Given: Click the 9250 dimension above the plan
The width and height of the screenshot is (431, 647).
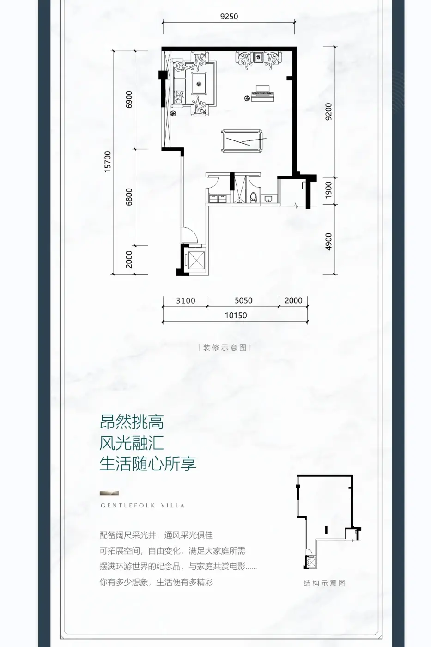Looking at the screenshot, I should (x=229, y=17).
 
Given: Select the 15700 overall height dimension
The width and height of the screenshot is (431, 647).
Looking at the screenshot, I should (x=108, y=161).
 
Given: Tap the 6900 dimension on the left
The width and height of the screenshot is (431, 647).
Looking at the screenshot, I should (x=129, y=99).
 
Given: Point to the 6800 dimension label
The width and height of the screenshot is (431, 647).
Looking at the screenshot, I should (x=129, y=197).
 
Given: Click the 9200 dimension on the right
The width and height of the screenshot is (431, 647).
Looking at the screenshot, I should (x=328, y=111).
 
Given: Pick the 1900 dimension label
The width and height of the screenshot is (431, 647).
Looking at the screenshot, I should (x=328, y=190).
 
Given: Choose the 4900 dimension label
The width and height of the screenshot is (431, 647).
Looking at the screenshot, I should (x=328, y=242).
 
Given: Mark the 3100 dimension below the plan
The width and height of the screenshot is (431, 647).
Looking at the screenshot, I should (x=185, y=300).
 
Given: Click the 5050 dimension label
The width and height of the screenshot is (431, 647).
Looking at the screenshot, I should (x=243, y=300).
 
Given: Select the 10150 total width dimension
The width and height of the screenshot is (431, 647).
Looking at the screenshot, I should (x=236, y=316).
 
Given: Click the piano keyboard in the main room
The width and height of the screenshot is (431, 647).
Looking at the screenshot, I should (x=263, y=95).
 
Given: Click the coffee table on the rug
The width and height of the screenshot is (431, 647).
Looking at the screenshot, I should (x=200, y=84).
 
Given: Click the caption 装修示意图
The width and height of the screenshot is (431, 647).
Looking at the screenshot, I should (x=225, y=348).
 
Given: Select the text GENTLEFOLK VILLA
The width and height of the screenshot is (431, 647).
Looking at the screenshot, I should (x=143, y=506).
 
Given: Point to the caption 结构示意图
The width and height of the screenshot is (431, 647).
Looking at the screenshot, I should (x=324, y=583).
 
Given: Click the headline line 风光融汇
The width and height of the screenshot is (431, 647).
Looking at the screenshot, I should (x=132, y=443).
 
